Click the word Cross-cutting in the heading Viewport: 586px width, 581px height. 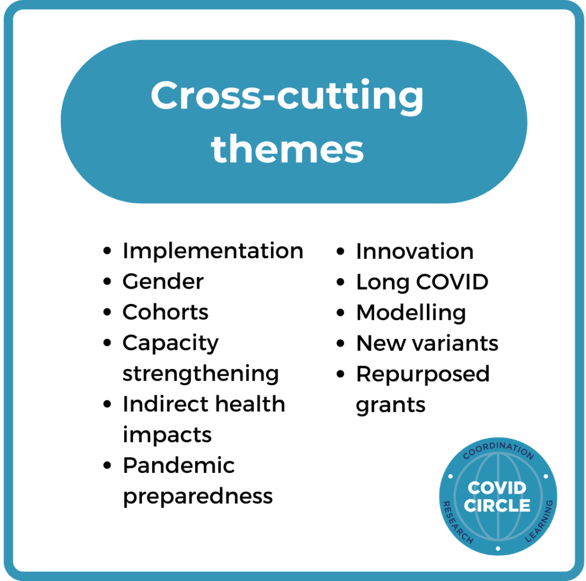[x=287, y=96]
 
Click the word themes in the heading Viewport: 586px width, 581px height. [x=287, y=149]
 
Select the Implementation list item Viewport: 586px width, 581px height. [x=213, y=251]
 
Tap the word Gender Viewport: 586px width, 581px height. [x=163, y=281]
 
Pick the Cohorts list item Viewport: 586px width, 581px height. [x=165, y=312]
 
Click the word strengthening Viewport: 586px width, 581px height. [x=201, y=374]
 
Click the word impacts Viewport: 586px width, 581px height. [x=167, y=435]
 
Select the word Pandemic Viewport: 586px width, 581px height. [x=179, y=465]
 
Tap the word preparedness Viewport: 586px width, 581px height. [x=197, y=496]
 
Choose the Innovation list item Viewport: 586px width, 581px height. [x=415, y=251]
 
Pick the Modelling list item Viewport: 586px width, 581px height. [x=411, y=313]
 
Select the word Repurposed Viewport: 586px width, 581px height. [x=423, y=374]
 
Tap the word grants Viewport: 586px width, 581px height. [x=390, y=405]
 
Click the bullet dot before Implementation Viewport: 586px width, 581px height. [x=107, y=251]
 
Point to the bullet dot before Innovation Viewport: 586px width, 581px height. [x=340, y=251]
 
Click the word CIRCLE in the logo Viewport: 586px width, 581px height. [x=497, y=505]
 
